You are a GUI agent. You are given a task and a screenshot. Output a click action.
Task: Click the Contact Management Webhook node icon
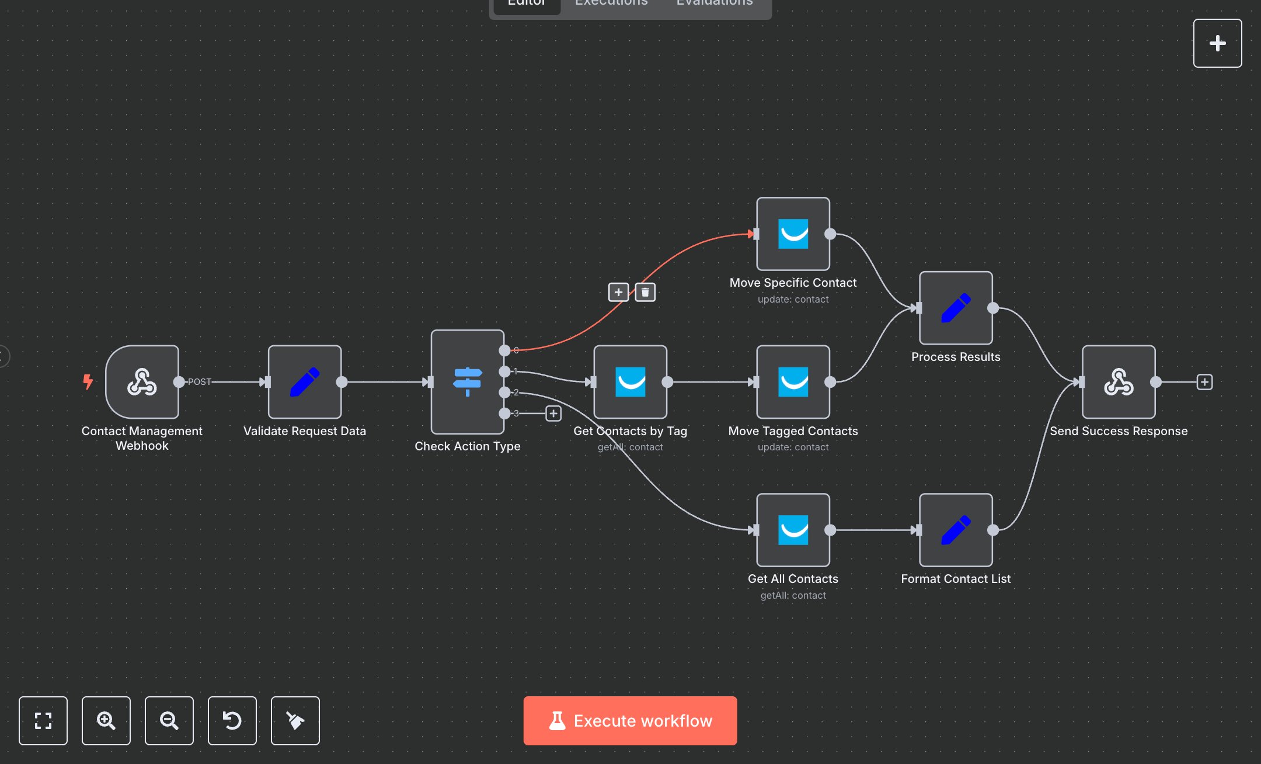pyautogui.click(x=142, y=382)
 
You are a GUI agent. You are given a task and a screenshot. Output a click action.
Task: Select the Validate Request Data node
pyautogui.click(x=304, y=382)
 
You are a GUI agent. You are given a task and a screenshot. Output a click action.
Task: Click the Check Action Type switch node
pyautogui.click(x=467, y=382)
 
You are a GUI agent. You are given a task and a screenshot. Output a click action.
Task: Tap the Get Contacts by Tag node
pyautogui.click(x=630, y=382)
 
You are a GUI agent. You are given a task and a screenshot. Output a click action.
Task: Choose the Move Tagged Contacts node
pyautogui.click(x=793, y=382)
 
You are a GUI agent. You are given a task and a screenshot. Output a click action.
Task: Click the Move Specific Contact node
pyautogui.click(x=793, y=234)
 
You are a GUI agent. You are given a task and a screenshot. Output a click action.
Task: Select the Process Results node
pyautogui.click(x=956, y=308)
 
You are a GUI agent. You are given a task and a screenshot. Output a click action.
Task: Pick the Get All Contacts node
pyautogui.click(x=793, y=530)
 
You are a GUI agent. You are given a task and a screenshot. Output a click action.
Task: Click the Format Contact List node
pyautogui.click(x=956, y=530)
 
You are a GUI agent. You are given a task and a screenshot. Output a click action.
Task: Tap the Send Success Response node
pyautogui.click(x=1118, y=382)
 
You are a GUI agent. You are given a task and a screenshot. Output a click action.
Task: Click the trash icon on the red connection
pyautogui.click(x=645, y=292)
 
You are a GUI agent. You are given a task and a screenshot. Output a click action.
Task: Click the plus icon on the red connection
pyautogui.click(x=618, y=292)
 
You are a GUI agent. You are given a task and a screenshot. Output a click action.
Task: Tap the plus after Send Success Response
pyautogui.click(x=1204, y=382)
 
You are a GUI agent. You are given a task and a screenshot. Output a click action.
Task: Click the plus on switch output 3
pyautogui.click(x=553, y=414)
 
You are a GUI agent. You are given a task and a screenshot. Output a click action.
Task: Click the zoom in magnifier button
pyautogui.click(x=106, y=721)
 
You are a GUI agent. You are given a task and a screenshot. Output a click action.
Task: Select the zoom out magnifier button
pyautogui.click(x=169, y=721)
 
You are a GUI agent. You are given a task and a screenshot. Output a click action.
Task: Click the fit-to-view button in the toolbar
pyautogui.click(x=43, y=721)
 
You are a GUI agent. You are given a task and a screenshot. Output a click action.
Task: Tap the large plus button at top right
pyautogui.click(x=1217, y=43)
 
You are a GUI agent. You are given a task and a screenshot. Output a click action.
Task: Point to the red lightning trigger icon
pyautogui.click(x=88, y=381)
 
